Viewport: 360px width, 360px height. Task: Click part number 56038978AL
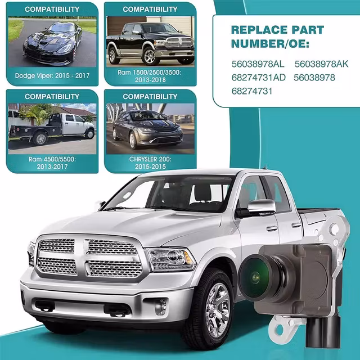[x=258, y=64]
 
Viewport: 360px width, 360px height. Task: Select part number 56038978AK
[x=321, y=64]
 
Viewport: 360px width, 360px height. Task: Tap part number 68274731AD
[x=258, y=78]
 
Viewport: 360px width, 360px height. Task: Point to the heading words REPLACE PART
[x=277, y=30]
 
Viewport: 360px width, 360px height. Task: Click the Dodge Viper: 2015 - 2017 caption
[x=52, y=75]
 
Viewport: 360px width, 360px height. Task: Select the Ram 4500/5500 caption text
[x=52, y=159]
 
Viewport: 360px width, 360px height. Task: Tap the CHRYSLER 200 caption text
[x=150, y=159]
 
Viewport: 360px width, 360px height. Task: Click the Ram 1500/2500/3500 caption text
[x=149, y=73]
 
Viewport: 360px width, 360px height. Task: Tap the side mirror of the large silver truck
[x=261, y=206]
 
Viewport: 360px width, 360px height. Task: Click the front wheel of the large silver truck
[x=215, y=308]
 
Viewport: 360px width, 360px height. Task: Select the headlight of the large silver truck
[x=170, y=259]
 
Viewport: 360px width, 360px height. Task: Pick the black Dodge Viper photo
[x=52, y=42]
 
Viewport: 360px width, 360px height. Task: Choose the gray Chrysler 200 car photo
[x=150, y=129]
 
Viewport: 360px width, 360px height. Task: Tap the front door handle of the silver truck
[x=272, y=228]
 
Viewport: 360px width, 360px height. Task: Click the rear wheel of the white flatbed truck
[x=40, y=139]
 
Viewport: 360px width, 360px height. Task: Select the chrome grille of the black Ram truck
[x=179, y=42]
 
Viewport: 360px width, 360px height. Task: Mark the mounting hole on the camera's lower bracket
[x=280, y=330]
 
